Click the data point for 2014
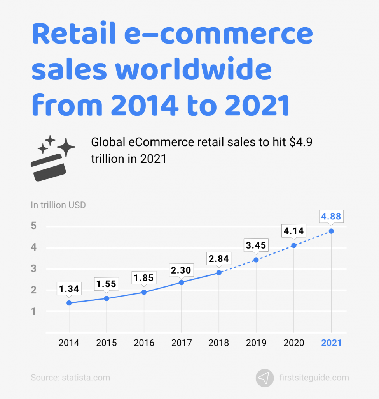(69, 303)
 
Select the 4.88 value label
(330, 216)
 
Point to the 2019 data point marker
(256, 260)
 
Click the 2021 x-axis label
(331, 343)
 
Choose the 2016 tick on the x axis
(144, 343)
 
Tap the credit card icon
(47, 167)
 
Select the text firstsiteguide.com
(314, 378)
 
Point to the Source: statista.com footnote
(70, 378)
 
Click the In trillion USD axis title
(58, 205)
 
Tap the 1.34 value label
(69, 289)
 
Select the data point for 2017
(182, 282)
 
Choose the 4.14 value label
(293, 231)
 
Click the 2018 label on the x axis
(219, 343)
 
